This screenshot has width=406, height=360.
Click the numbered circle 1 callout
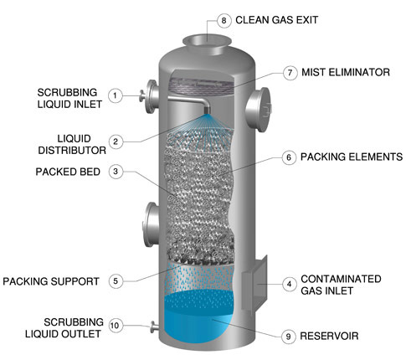click(118, 95)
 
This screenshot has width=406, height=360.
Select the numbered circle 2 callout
click(118, 141)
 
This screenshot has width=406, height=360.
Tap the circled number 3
click(118, 172)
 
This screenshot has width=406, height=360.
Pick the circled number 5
click(118, 280)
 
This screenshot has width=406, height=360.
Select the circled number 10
click(118, 326)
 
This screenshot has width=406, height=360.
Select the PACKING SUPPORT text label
click(51, 280)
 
